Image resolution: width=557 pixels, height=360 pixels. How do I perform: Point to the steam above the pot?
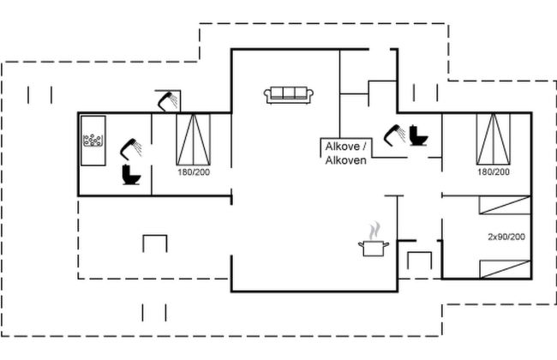tap(374, 231)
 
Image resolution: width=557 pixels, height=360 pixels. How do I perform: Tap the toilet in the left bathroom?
tap(131, 175)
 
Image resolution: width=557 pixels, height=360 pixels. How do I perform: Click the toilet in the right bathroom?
tap(418, 135)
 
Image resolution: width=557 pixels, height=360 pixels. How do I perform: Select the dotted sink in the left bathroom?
tap(93, 141)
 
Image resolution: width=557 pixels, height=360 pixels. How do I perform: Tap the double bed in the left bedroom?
tap(194, 139)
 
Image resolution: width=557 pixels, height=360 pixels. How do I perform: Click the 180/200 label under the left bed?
tap(194, 172)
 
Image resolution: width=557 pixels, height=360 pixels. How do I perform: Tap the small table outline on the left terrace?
tap(154, 243)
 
